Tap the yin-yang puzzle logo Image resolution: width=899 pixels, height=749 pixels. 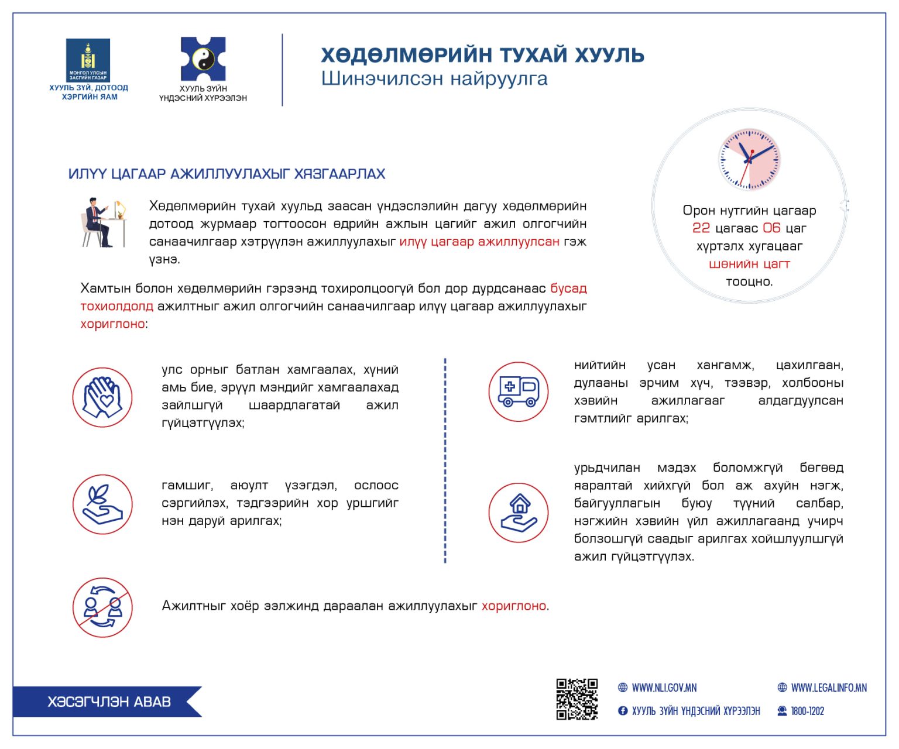pos(203,59)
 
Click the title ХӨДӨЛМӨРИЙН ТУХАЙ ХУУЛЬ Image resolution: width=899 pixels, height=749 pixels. pos(482,55)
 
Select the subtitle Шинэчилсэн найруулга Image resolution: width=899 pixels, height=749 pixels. pos(434,78)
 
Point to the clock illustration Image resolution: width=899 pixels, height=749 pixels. pos(750,159)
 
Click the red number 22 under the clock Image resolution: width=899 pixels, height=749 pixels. pos(701,228)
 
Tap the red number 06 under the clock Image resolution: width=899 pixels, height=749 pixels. pos(771,228)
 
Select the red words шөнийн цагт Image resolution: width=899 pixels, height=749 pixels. pos(749,264)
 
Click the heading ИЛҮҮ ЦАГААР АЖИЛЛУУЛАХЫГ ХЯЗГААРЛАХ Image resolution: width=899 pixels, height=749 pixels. pos(227,174)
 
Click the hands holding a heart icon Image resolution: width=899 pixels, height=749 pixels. pos(102,397)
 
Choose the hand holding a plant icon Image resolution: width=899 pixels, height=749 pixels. pos(102,504)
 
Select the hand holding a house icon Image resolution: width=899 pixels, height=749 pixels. pos(519,513)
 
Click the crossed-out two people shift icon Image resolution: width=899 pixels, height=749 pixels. pos(102,607)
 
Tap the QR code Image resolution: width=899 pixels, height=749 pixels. pos(577,699)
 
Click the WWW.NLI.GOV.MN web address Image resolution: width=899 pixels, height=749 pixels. pos(664,688)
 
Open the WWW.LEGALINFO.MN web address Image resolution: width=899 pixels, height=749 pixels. pos(828,688)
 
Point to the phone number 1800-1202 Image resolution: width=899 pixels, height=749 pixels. pos(807,712)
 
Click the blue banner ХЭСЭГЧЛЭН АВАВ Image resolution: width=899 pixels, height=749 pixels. pos(109,702)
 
